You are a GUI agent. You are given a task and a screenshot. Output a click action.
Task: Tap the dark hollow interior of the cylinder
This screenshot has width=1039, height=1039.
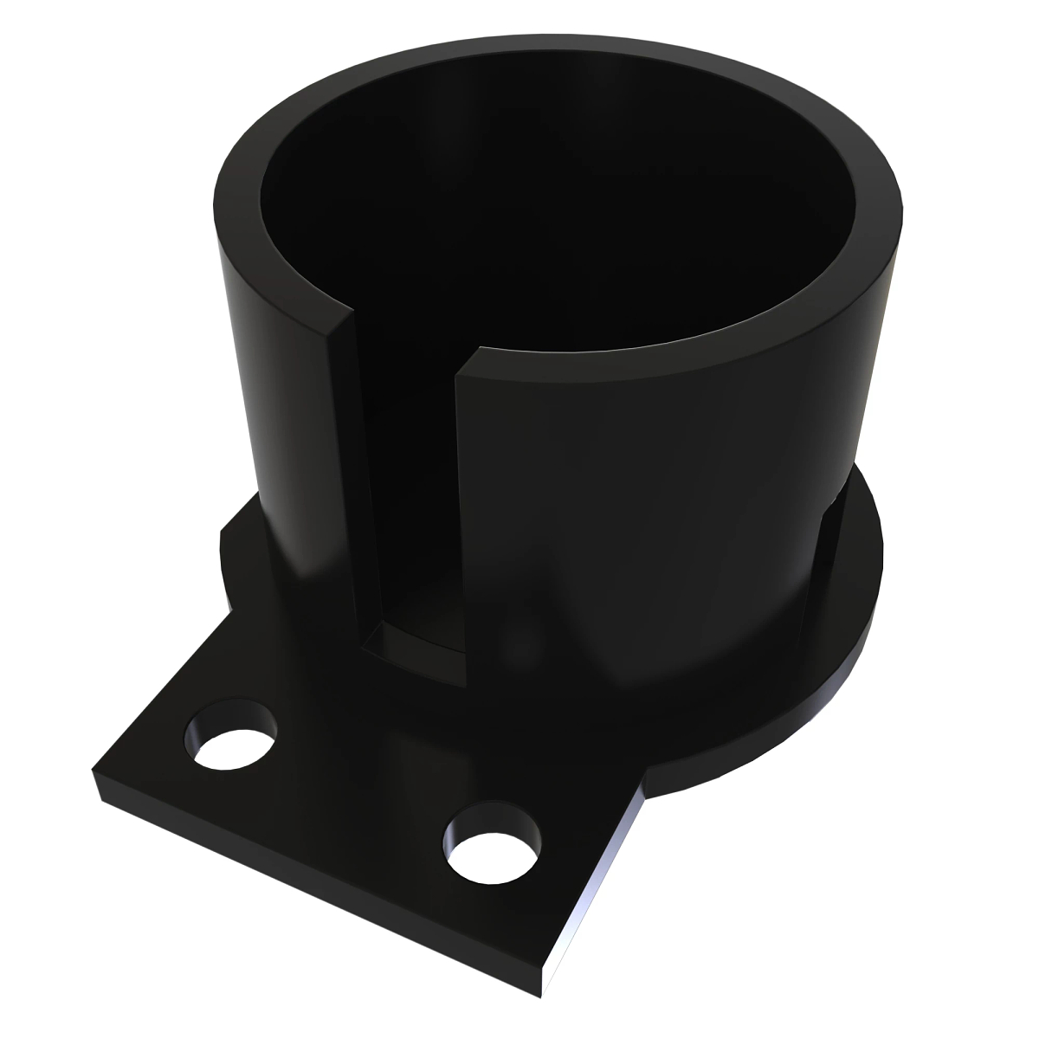pyautogui.click(x=554, y=216)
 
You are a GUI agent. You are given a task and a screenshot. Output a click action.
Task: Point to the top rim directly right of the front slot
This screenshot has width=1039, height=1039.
pyautogui.click(x=554, y=364)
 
